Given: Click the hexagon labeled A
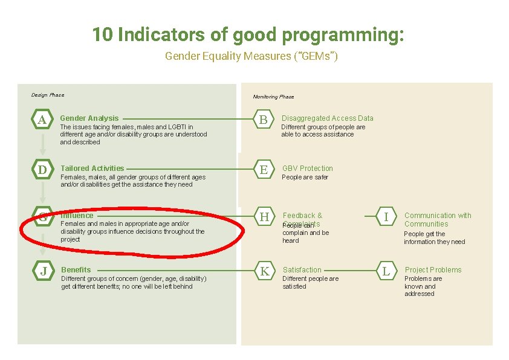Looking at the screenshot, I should (42, 120).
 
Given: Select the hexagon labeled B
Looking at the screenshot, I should (263, 120).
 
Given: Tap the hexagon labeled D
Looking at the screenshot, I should (42, 170).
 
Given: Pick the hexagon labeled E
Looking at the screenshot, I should (264, 170).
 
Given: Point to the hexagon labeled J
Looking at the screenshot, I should (44, 271).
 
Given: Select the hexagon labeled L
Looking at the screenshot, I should (386, 271).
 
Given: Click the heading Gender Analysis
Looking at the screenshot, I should (89, 118).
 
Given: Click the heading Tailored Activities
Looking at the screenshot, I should (92, 169).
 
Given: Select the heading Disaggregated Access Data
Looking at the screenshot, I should (327, 118).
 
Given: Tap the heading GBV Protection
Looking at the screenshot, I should (308, 169).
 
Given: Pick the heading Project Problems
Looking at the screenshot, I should (433, 270).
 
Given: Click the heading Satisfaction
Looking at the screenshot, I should (302, 270).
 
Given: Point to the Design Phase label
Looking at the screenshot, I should (48, 95).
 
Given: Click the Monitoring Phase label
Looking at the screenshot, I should (273, 97).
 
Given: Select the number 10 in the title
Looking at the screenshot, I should (103, 35).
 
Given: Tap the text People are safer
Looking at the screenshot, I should (305, 178).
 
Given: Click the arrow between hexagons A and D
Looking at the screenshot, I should (42, 144).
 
